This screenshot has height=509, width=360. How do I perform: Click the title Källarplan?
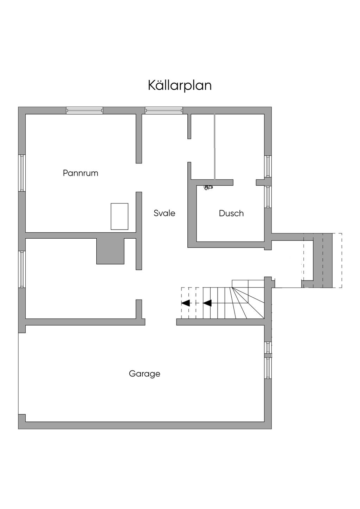pyautogui.click(x=180, y=85)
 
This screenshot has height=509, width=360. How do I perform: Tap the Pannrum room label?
pyautogui.click(x=81, y=173)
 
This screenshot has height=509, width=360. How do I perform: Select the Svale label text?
pyautogui.click(x=164, y=213)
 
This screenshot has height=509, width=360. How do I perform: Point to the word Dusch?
pyautogui.click(x=231, y=213)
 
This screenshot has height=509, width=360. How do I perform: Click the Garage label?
pyautogui.click(x=144, y=373)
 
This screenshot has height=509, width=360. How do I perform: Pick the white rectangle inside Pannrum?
pyautogui.click(x=120, y=216)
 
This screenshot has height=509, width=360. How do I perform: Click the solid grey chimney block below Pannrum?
pyautogui.click(x=110, y=251)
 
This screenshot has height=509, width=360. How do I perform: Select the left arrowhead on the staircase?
pyautogui.click(x=186, y=303)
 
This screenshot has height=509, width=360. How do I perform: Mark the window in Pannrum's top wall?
pyautogui.click(x=85, y=110)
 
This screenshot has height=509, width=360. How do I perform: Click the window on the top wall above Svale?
pyautogui.click(x=164, y=110)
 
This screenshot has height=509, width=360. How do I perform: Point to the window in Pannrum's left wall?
pyautogui.click(x=22, y=173)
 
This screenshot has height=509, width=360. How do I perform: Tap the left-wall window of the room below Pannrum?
pyautogui.click(x=22, y=269)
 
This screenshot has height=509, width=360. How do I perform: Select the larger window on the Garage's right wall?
pyautogui.click(x=268, y=368)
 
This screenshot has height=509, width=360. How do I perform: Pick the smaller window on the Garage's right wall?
pyautogui.click(x=268, y=347)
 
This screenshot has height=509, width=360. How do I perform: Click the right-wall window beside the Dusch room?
pyautogui.click(x=268, y=197)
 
